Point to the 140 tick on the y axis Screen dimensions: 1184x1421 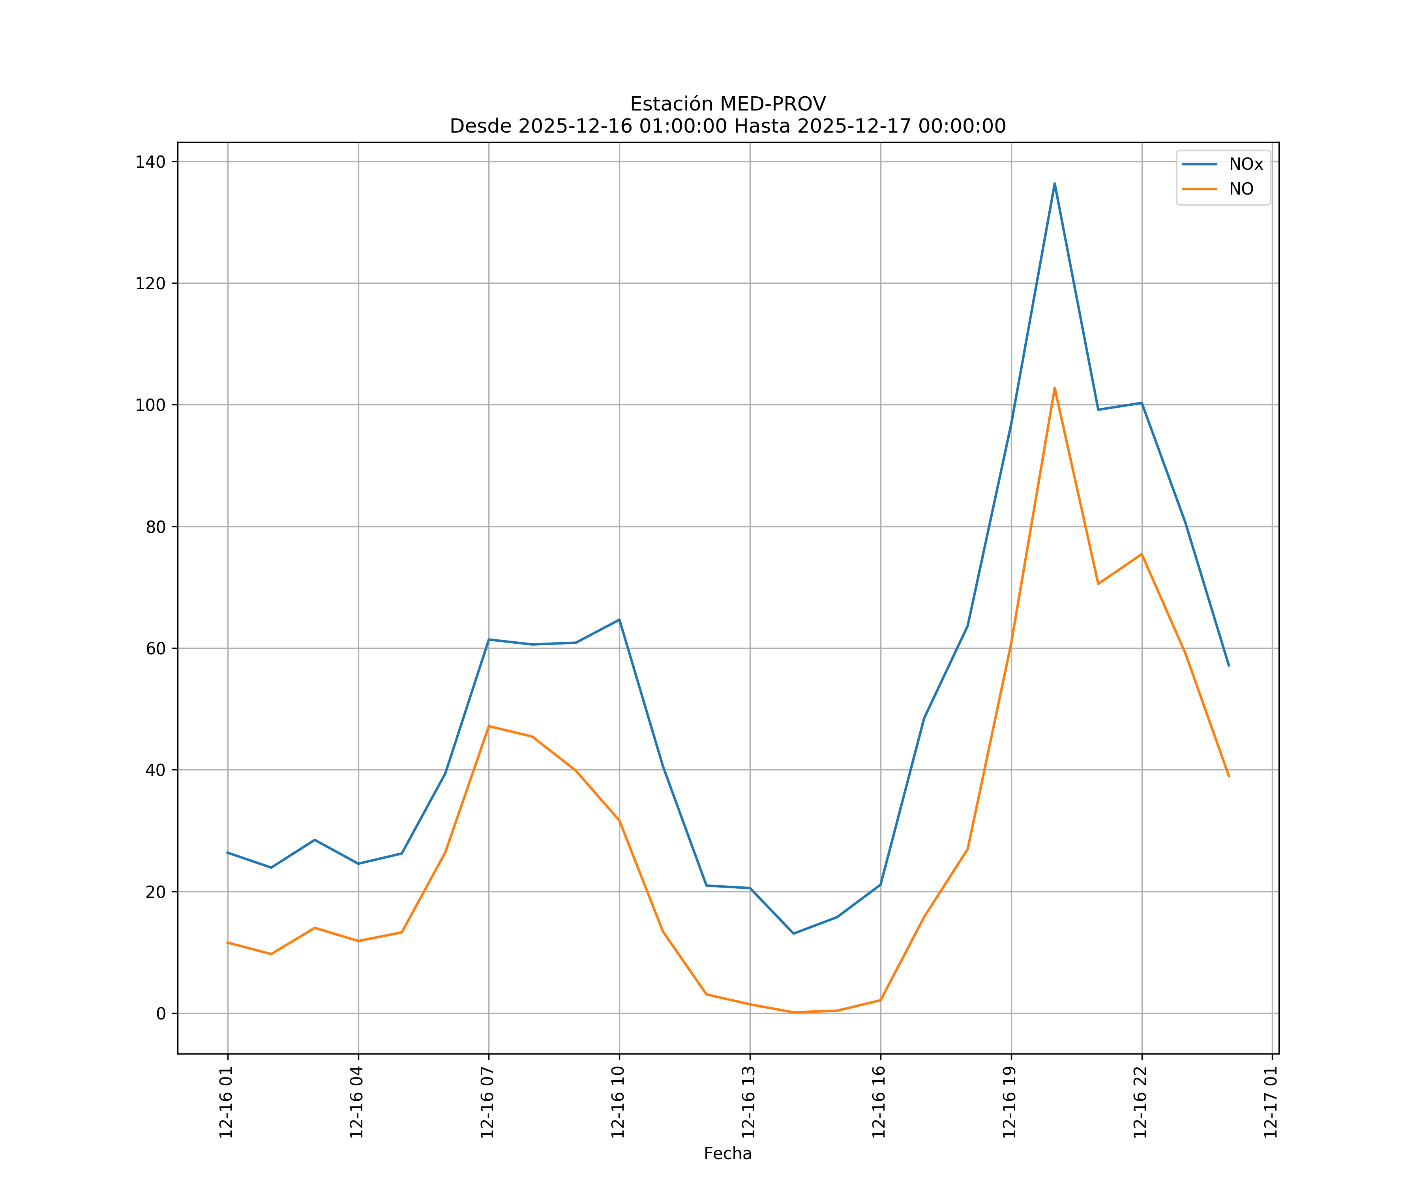pyautogui.click(x=150, y=162)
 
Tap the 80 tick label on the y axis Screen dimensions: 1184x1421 pyautogui.click(x=156, y=527)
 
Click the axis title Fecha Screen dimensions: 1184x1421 pyautogui.click(x=727, y=1154)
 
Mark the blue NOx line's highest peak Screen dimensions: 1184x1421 pyautogui.click(x=1054, y=184)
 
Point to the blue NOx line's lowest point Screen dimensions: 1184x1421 pyautogui.click(x=793, y=934)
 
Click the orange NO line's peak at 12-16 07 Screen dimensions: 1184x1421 pyautogui.click(x=489, y=726)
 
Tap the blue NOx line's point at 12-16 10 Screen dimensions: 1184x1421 pyautogui.click(x=619, y=620)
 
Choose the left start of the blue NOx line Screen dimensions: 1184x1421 pyautogui.click(x=227, y=852)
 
